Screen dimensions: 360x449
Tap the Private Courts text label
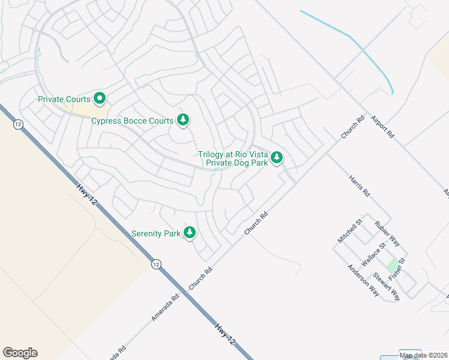64,99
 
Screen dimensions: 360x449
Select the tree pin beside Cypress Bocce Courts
183,121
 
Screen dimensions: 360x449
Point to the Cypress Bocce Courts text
132,121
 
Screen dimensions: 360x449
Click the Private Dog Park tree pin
277,158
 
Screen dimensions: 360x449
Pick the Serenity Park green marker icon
190,233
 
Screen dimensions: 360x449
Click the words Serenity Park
156,233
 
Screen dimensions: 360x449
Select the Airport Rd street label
382,127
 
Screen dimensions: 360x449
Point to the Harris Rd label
359,185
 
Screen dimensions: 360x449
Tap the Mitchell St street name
351,230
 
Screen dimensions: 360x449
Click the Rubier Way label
387,233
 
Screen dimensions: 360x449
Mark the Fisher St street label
397,268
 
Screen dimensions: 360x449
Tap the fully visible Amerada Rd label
166,307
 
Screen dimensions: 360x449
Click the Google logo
20,353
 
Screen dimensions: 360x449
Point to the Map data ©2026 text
424,355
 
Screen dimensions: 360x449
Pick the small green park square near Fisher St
393,265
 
